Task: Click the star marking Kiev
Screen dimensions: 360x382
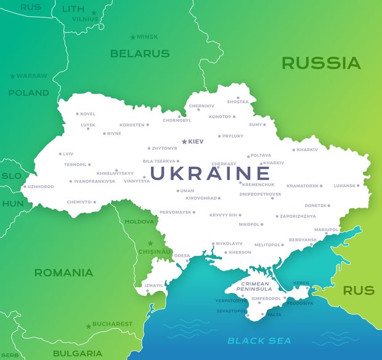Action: coord(184,142)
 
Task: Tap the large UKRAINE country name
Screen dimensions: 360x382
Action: coord(210,173)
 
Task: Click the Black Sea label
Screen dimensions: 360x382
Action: coord(259,340)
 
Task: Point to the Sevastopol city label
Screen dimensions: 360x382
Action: coord(230,311)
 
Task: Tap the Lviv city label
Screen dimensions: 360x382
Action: coord(67,154)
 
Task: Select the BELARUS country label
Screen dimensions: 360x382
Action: coord(139,54)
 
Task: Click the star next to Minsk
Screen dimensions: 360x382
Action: coord(132,37)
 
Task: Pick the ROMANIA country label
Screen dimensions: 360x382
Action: coord(63,272)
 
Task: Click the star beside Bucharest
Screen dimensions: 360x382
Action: coord(89,325)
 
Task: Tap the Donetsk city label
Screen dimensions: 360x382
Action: coord(315,205)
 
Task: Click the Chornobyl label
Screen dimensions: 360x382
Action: coord(177,121)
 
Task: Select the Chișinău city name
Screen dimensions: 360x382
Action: coord(154,252)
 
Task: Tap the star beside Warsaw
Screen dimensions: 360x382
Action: coord(12,76)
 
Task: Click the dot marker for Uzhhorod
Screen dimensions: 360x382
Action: coord(25,186)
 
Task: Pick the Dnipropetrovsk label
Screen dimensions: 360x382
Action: coord(260,194)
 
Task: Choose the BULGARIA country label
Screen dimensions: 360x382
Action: coord(78,353)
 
